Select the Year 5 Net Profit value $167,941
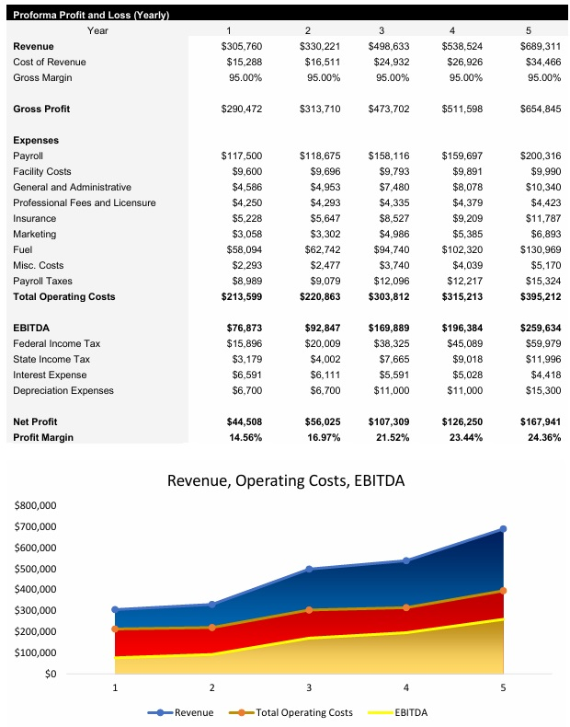(x=538, y=421)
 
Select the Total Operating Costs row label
(x=63, y=296)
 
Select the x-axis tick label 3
(x=309, y=687)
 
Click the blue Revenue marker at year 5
(x=503, y=529)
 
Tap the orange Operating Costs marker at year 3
(x=309, y=609)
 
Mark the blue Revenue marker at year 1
(x=115, y=609)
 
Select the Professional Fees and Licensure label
(x=84, y=202)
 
